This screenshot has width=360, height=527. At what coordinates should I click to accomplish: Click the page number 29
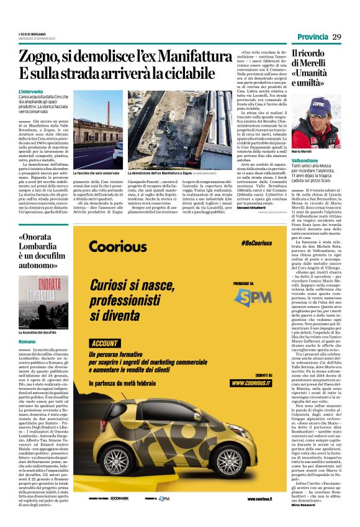(336, 37)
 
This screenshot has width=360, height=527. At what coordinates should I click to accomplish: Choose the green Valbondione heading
(305, 160)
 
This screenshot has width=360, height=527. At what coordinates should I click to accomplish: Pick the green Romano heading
(27, 342)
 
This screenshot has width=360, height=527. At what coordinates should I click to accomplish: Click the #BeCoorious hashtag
(256, 245)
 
